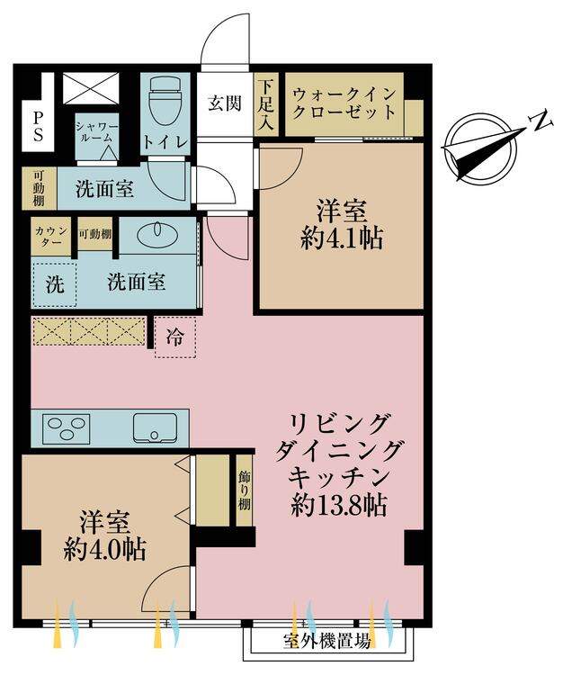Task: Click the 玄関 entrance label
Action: pyautogui.click(x=225, y=103)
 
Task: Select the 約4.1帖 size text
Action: pyautogui.click(x=342, y=238)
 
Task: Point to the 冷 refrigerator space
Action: pyautogui.click(x=174, y=338)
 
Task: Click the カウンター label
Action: pyautogui.click(x=49, y=238)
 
